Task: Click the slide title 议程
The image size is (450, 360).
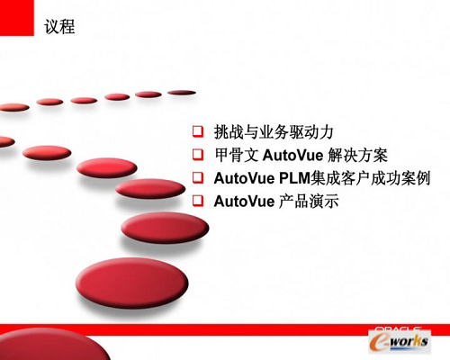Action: [x=59, y=27]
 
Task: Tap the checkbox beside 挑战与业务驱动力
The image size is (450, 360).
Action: [x=198, y=131]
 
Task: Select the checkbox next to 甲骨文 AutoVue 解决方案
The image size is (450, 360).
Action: [x=198, y=155]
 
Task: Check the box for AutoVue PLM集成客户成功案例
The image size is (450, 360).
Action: [x=198, y=177]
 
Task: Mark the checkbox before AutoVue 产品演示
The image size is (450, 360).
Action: [x=198, y=201]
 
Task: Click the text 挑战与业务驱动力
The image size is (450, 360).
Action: [x=274, y=132]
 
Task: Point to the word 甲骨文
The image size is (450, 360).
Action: [x=237, y=155]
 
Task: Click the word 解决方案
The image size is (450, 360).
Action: [x=357, y=155]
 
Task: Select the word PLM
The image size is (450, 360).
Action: [x=294, y=178]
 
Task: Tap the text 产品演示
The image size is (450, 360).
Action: [x=309, y=201]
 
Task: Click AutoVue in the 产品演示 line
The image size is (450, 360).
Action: [x=244, y=202]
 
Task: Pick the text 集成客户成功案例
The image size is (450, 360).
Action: [x=371, y=178]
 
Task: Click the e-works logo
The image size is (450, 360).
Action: [x=400, y=341]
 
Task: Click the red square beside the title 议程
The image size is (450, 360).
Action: [x=17, y=18]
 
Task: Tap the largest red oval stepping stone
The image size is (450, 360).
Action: [x=132, y=283]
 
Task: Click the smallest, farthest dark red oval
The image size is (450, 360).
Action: [x=182, y=93]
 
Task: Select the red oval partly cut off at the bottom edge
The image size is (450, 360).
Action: [x=52, y=344]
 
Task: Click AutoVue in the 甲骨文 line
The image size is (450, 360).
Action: [x=292, y=156]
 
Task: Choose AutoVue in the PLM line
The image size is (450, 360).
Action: [x=244, y=178]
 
